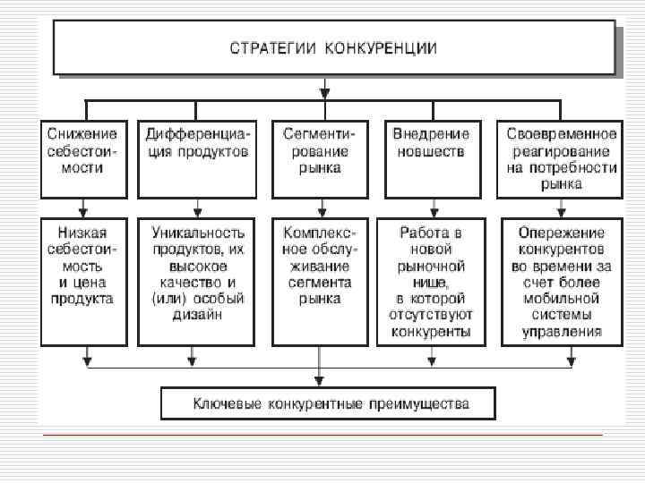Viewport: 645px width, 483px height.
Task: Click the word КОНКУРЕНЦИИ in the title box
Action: pyautogui.click(x=383, y=48)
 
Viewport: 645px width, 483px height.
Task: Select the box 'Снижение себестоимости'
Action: pyautogui.click(x=84, y=158)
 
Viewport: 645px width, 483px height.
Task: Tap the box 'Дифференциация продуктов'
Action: pyautogui.click(x=198, y=158)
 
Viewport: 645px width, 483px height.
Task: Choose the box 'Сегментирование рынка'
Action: pyautogui.click(x=320, y=158)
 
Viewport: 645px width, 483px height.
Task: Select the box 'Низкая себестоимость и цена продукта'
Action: pyautogui.click(x=84, y=280)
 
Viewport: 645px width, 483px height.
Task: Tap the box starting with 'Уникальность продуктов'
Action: pyautogui.click(x=198, y=280)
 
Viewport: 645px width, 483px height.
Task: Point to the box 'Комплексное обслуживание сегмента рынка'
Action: pyautogui.click(x=320, y=280)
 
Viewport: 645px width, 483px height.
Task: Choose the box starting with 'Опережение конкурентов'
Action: pyautogui.click(x=562, y=280)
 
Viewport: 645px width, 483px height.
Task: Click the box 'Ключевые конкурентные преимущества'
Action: pyautogui.click(x=329, y=403)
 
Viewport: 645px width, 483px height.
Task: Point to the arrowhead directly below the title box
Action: pyautogui.click(x=326, y=92)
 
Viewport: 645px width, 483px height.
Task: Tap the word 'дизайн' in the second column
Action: pyautogui.click(x=199, y=315)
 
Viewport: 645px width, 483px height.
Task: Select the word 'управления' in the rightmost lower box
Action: pyautogui.click(x=563, y=332)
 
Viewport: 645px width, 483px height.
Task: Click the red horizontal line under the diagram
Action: pyautogui.click(x=322, y=435)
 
